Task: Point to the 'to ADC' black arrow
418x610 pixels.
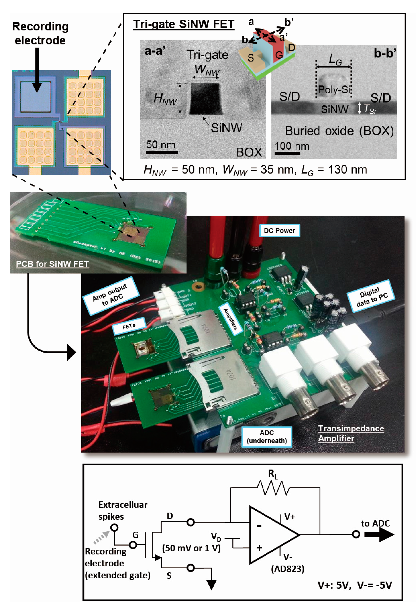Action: [x=379, y=534]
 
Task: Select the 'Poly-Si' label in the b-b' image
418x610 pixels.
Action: [x=334, y=90]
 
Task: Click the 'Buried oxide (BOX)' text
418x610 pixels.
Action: [x=339, y=131]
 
